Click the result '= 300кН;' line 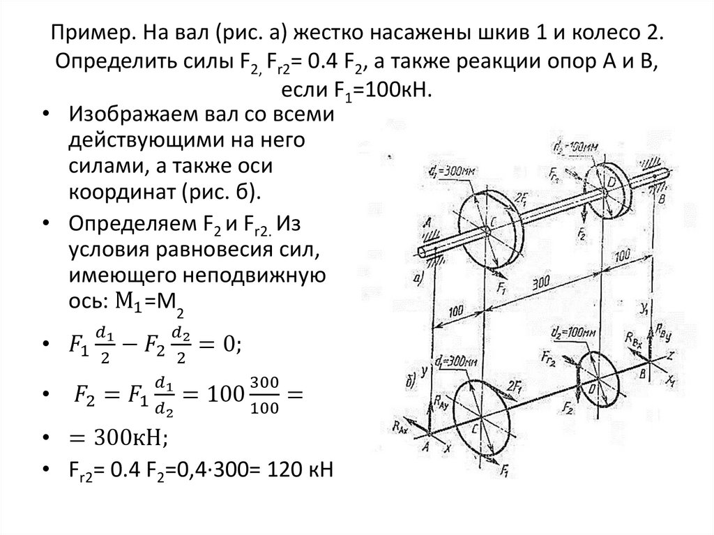click(115, 437)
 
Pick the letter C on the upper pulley click(492, 220)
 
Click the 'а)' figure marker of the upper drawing click(418, 279)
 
